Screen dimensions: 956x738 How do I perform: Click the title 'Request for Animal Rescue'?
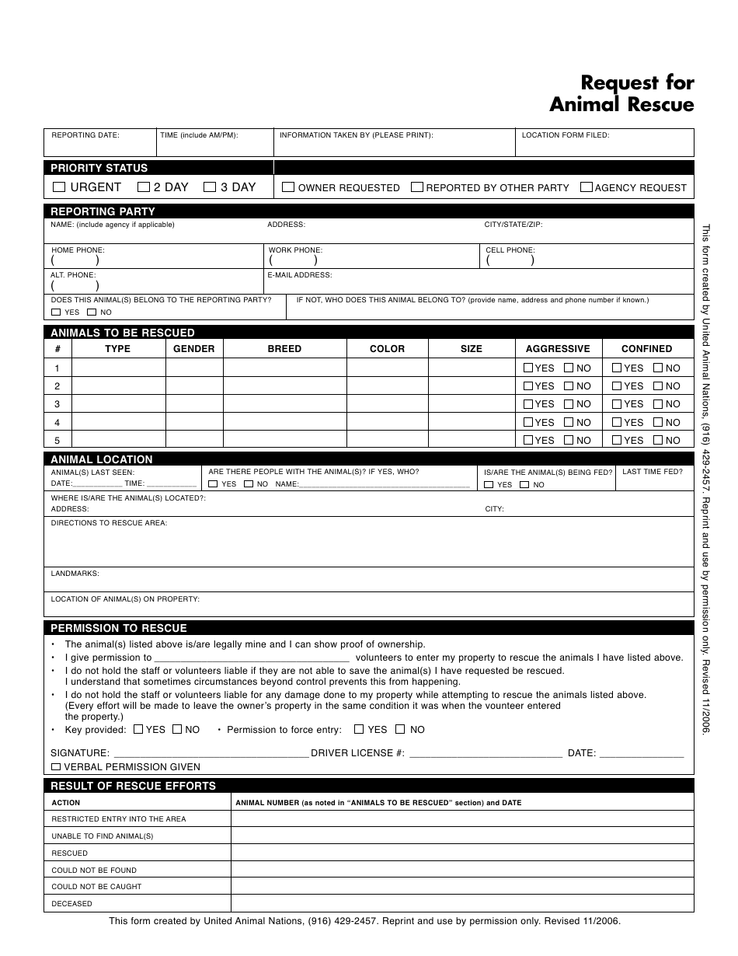coord(621,93)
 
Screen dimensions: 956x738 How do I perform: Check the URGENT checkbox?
coord(59,187)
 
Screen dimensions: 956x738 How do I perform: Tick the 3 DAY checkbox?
coord(210,187)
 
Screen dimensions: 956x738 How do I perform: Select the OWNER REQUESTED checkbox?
coord(288,187)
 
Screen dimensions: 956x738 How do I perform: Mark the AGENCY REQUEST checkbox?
coord(587,187)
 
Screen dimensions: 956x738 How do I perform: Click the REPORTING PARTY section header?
coord(103,211)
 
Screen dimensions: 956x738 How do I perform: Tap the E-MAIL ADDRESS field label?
coord(300,275)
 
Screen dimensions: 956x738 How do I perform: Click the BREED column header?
coord(284,349)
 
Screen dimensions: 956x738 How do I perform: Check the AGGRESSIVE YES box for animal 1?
coord(528,368)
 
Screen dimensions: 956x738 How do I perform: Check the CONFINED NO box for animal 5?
coord(658,441)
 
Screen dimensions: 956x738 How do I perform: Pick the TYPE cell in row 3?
coord(118,404)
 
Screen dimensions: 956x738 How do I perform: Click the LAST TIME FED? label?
coord(653,472)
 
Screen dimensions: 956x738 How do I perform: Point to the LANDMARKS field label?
coord(75,574)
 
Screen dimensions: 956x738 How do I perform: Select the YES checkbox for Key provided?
coord(138,730)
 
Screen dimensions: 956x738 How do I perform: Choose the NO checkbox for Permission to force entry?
coord(400,730)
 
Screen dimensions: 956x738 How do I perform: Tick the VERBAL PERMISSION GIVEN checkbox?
coord(55,767)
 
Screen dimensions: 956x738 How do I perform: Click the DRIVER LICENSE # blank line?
coord(485,753)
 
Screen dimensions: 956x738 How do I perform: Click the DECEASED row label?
coord(71,904)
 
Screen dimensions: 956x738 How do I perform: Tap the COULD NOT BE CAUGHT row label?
coord(96,887)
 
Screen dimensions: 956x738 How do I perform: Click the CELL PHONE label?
coord(510,250)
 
